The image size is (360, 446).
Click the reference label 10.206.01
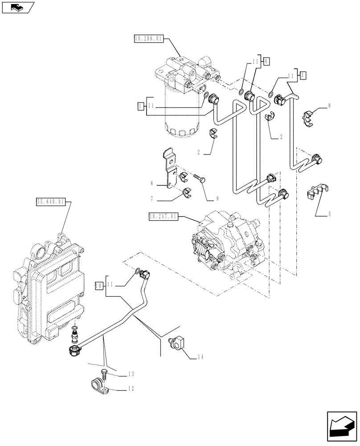pyautogui.click(x=149, y=39)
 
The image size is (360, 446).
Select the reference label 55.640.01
pyautogui.click(x=51, y=202)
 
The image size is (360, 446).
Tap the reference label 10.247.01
pyautogui.click(x=164, y=216)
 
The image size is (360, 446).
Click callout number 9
pyautogui.click(x=329, y=106)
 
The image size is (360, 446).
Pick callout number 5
pyautogui.click(x=329, y=214)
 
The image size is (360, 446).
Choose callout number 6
pyautogui.click(x=151, y=183)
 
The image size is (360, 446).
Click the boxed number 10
pyautogui.click(x=98, y=284)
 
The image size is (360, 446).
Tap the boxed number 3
pyautogui.click(x=302, y=75)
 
